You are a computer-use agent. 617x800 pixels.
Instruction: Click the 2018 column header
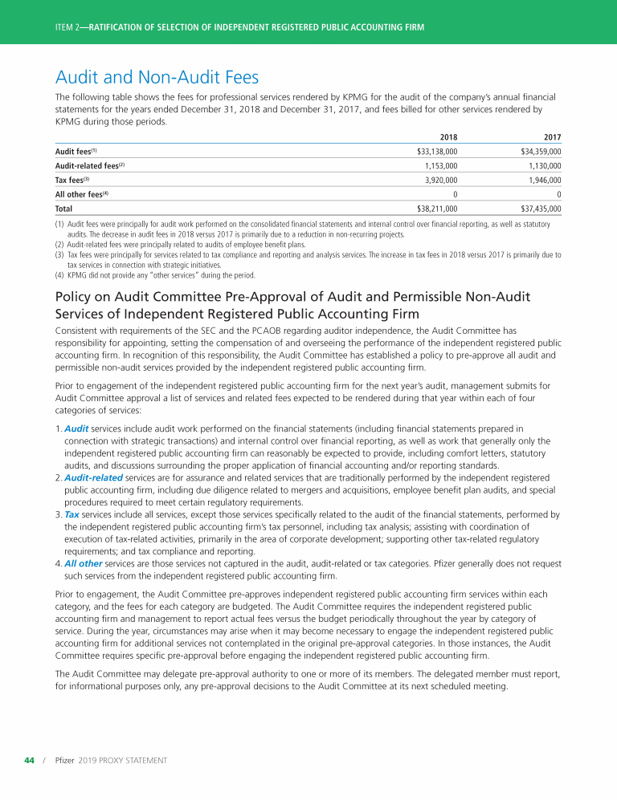(449, 136)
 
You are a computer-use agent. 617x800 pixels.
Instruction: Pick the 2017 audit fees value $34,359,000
(541, 151)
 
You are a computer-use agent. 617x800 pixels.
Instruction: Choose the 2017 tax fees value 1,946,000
(544, 180)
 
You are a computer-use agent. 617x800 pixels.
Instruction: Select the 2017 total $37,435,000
(541, 209)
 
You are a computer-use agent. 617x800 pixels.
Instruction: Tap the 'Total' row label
(63, 209)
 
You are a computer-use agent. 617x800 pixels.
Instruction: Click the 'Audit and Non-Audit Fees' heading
(157, 78)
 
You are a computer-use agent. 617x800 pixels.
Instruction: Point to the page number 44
(28, 760)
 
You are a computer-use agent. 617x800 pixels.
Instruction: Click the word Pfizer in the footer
(65, 760)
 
